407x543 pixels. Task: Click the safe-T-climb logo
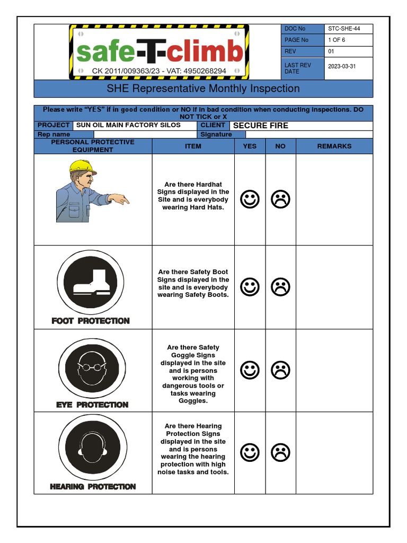click(159, 52)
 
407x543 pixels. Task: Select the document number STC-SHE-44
click(344, 29)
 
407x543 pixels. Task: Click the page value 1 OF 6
click(337, 40)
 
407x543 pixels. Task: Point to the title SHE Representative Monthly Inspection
click(203, 89)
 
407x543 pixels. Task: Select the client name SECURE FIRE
click(261, 126)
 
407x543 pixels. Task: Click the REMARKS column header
click(334, 146)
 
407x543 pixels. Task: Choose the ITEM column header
click(193, 146)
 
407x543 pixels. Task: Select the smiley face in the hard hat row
click(250, 199)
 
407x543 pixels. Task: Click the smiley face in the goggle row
click(250, 370)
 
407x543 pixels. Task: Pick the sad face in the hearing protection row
click(280, 452)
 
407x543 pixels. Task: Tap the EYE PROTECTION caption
click(92, 405)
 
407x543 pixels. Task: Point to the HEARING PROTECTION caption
click(93, 486)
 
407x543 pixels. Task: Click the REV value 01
click(331, 51)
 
